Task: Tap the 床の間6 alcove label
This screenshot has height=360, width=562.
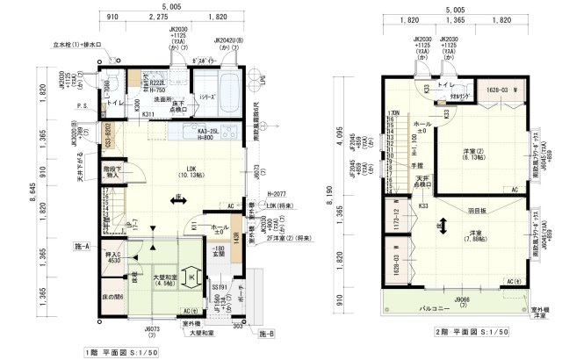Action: click(112, 296)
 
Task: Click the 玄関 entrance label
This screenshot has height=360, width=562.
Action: click(218, 254)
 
